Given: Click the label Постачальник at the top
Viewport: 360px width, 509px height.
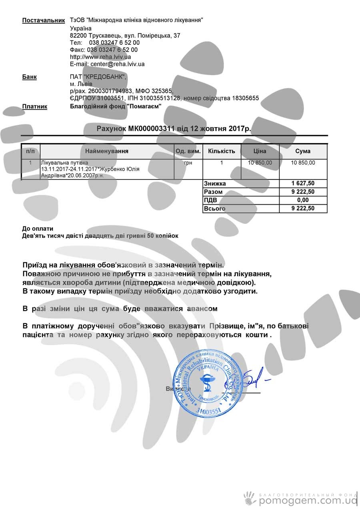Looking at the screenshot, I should pyautogui.click(x=43, y=20).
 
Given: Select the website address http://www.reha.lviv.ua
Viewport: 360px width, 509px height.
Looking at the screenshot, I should pyautogui.click(x=100, y=57).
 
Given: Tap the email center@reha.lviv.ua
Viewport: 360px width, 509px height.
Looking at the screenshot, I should pyautogui.click(x=117, y=64).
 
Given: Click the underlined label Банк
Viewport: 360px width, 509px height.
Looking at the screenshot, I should pyautogui.click(x=29, y=77).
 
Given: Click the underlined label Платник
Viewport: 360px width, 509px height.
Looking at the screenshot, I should pyautogui.click(x=34, y=107).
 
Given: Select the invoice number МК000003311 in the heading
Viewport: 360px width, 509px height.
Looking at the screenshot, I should pyautogui.click(x=152, y=129).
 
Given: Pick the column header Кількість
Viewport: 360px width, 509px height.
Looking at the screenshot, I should pyautogui.click(x=222, y=152).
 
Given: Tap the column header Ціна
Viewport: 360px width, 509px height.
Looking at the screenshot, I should pyautogui.click(x=260, y=152).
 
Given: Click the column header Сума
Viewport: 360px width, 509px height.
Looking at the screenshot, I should pyautogui.click(x=303, y=152).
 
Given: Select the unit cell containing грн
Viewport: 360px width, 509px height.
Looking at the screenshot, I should pyautogui.click(x=188, y=163).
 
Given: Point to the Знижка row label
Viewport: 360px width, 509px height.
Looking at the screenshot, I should pyautogui.click(x=215, y=184).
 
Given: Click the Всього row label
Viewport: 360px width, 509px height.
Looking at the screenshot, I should pyautogui.click(x=215, y=209).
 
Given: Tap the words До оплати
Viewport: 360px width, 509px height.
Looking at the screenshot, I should pyautogui.click(x=38, y=229).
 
